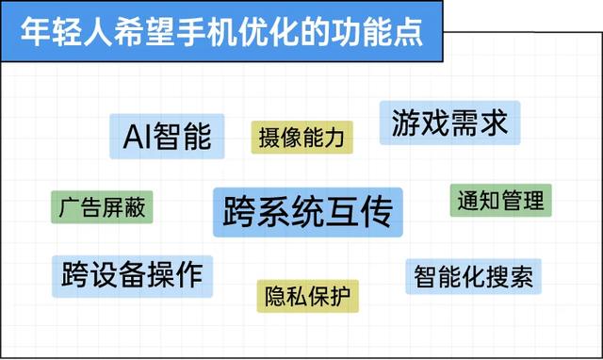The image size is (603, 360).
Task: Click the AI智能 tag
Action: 167,138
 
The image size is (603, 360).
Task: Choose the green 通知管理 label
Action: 499,200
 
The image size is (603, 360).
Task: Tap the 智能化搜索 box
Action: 474,276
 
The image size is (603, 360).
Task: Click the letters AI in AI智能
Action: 138,138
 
